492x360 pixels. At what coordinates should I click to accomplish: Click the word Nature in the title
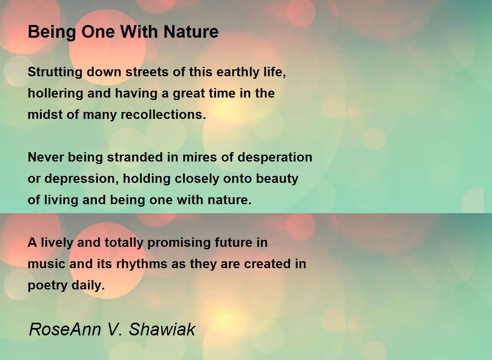tap(191, 32)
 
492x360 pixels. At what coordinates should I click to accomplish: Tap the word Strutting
tap(55, 73)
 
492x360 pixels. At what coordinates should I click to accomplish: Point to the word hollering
tap(55, 93)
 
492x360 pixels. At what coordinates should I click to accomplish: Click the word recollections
tap(163, 114)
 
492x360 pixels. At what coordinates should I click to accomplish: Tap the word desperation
tap(275, 158)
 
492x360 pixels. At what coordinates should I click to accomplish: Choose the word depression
tap(80, 179)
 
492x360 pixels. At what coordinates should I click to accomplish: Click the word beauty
tap(277, 179)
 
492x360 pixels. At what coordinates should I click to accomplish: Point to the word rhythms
tap(142, 264)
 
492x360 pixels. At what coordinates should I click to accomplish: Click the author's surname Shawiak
tap(162, 330)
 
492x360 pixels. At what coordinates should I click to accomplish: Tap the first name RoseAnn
tap(65, 330)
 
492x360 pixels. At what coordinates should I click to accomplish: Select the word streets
tap(147, 72)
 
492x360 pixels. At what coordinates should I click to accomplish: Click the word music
tap(46, 264)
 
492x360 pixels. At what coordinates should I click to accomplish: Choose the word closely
tap(197, 179)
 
